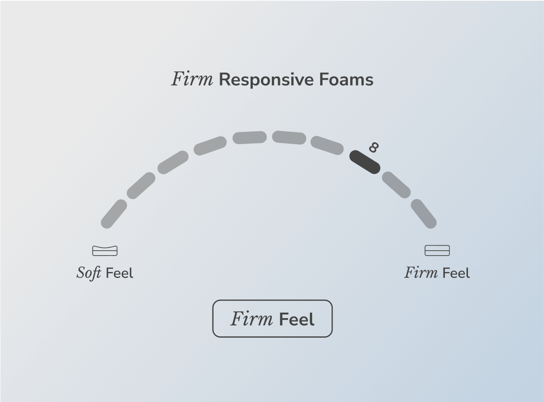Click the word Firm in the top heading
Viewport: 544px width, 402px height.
192,79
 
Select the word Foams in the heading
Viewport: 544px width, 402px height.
346,79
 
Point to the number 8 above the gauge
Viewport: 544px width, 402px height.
374,147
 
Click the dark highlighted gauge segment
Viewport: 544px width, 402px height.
365,162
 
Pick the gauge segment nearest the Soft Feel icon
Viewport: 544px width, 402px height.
114,213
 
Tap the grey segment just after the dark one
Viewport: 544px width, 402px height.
396,185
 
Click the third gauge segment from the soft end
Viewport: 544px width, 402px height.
173,162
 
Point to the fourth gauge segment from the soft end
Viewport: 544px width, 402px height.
210,145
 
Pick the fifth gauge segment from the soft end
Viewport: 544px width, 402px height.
250,137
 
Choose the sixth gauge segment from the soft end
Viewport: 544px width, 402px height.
289,138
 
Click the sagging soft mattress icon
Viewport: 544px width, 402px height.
105,250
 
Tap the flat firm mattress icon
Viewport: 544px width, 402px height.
437,250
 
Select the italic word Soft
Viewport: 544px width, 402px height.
89,273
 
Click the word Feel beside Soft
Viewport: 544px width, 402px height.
120,273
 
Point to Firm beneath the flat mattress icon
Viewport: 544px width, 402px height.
421,273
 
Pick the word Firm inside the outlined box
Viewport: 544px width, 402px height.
252,319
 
